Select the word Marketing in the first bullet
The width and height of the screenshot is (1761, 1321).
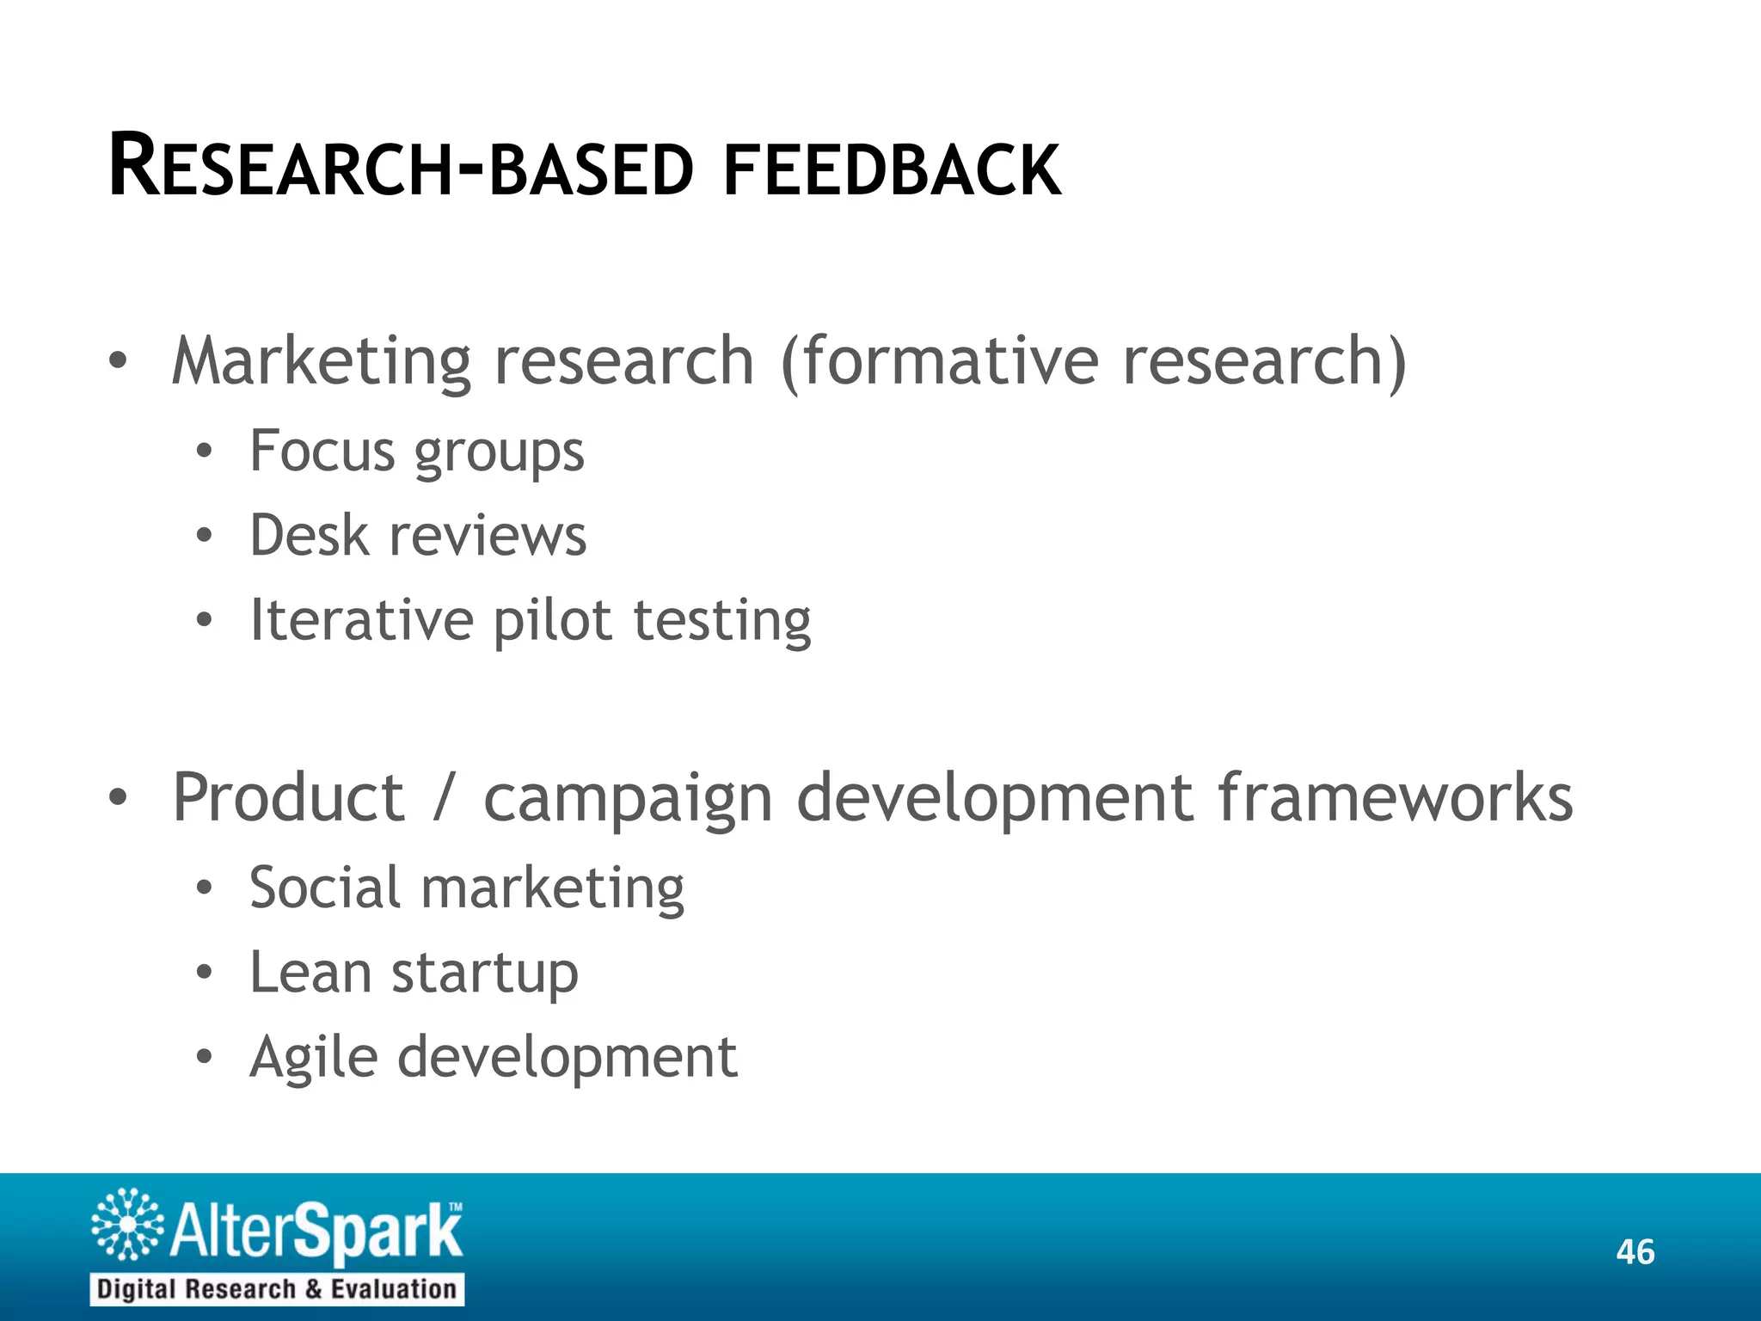[321, 361]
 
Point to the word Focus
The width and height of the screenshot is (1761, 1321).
[322, 451]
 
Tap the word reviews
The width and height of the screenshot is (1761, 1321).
[488, 536]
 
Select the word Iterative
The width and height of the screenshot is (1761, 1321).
[361, 620]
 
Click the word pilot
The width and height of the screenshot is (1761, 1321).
[552, 620]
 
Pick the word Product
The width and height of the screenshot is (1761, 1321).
[288, 798]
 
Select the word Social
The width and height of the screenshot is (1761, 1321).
[324, 887]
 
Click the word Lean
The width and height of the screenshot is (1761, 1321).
[310, 972]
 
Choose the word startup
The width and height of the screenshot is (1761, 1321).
[485, 974]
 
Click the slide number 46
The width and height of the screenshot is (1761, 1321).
[1635, 1252]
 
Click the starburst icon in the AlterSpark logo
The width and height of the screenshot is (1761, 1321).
[127, 1224]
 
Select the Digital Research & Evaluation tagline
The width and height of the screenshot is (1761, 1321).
[276, 1289]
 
